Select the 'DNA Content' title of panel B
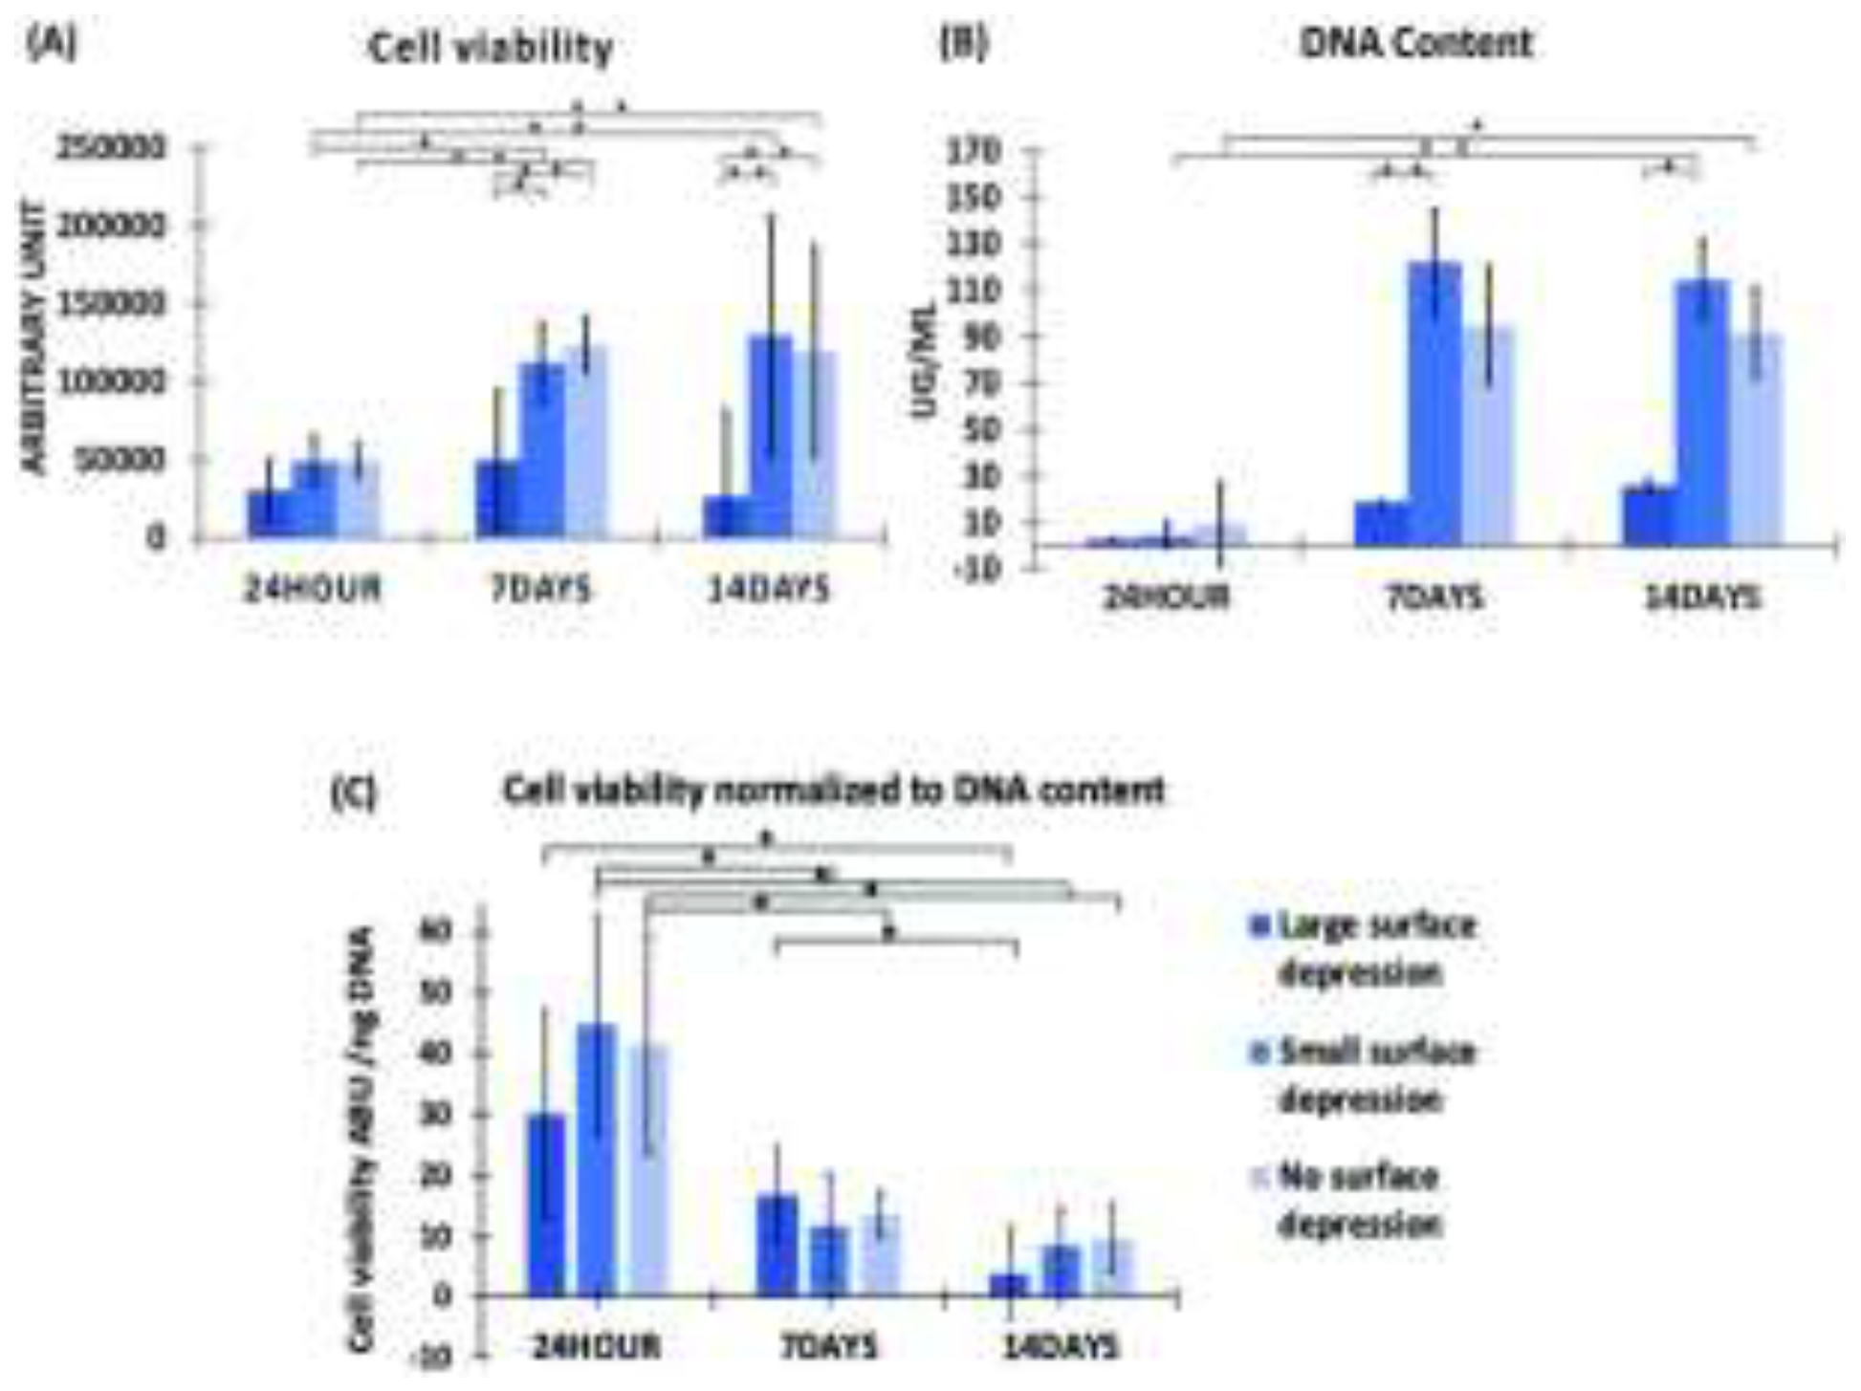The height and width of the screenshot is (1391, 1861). (x=1416, y=44)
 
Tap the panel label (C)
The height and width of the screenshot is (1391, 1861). (x=353, y=793)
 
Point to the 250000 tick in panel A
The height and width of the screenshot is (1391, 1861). (x=111, y=148)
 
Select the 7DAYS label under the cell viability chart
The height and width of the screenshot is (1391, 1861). (x=540, y=589)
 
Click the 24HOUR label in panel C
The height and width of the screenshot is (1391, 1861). (x=596, y=1347)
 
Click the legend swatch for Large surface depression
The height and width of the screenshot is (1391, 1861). (x=1259, y=926)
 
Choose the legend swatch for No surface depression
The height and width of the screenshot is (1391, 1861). (x=1259, y=1177)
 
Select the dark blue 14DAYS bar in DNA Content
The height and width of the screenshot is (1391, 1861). (x=1650, y=517)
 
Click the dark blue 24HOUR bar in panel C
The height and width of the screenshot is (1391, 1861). (x=547, y=1205)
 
